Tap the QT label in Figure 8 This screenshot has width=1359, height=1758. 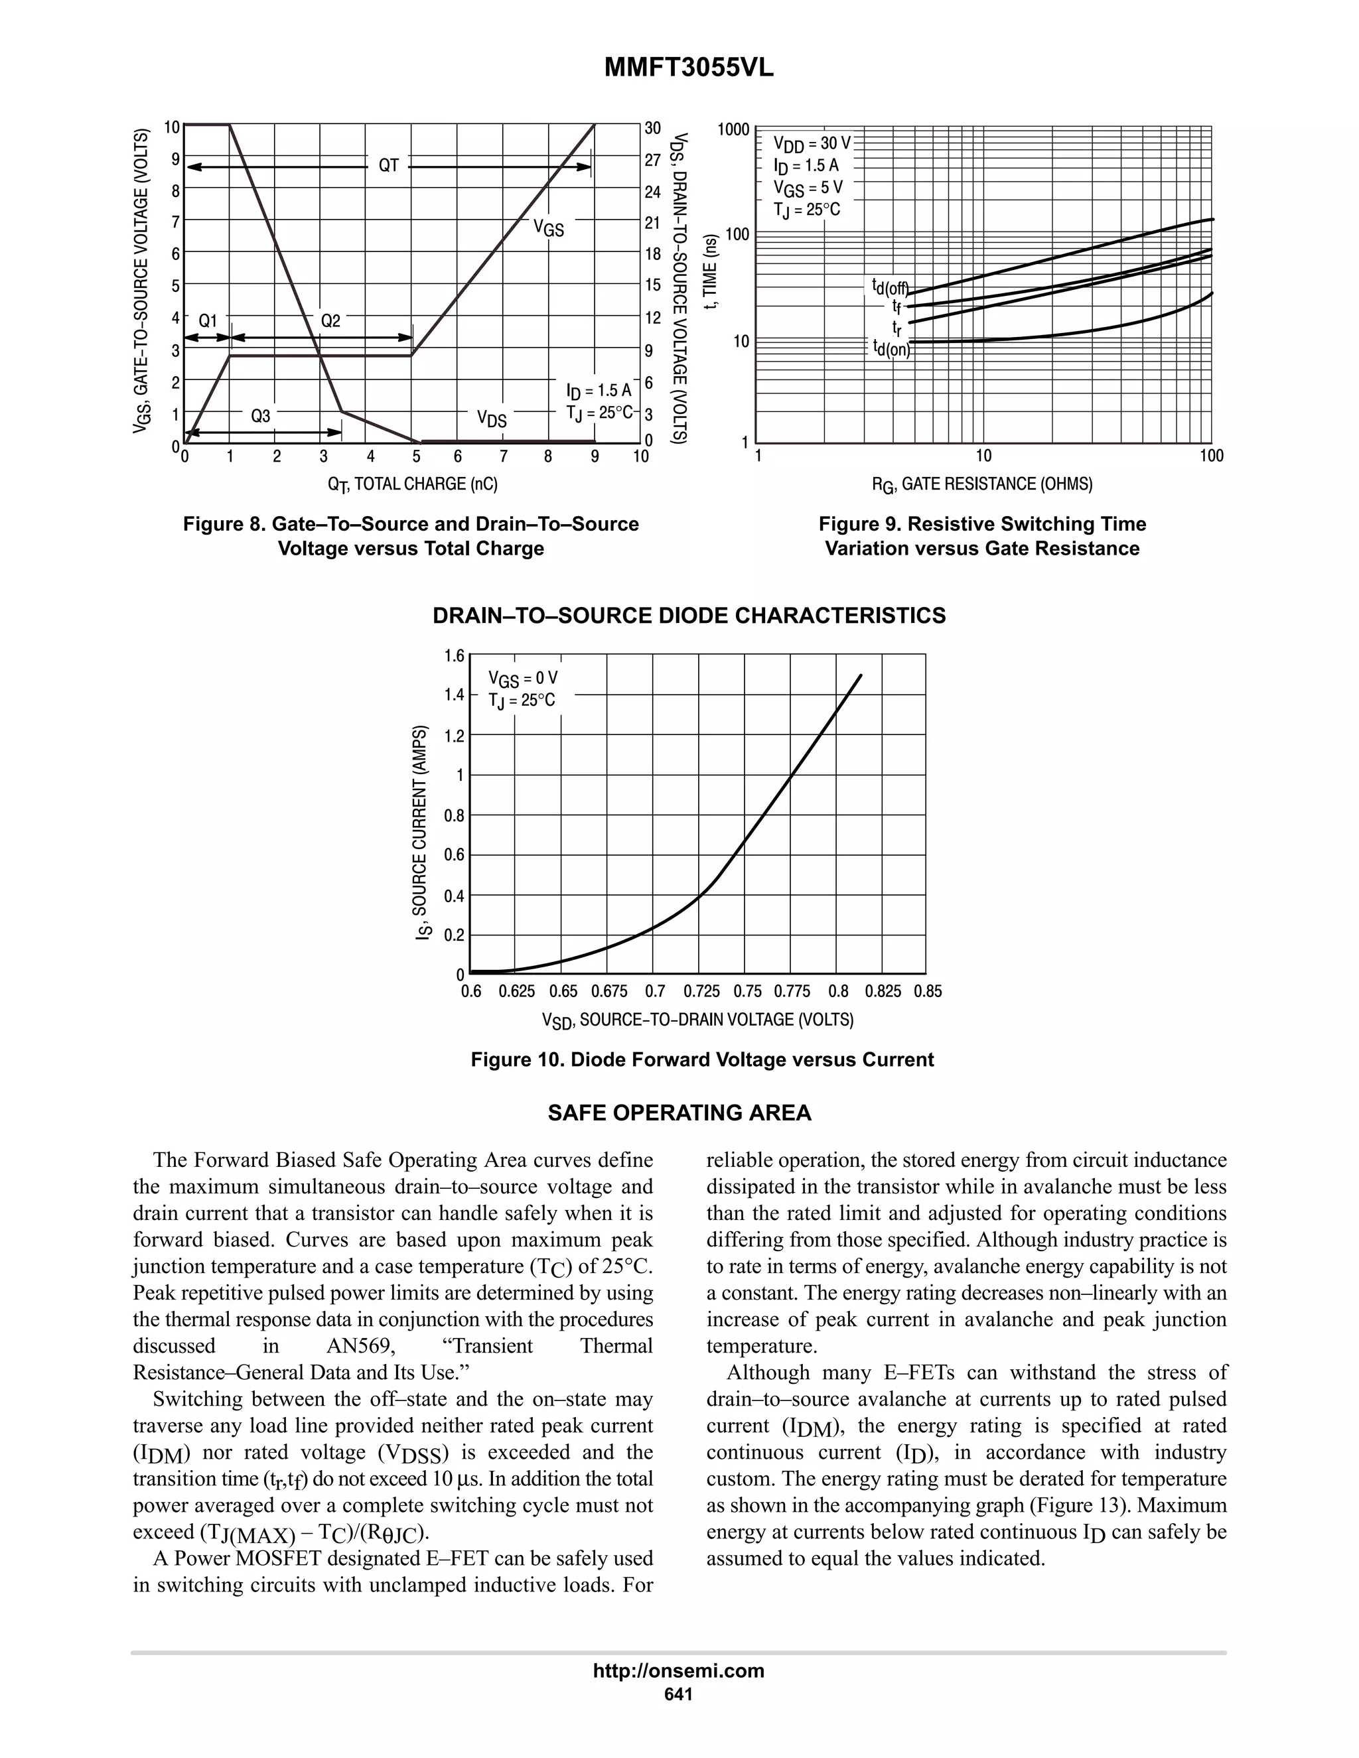[389, 166]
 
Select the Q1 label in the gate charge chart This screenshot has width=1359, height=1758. [208, 320]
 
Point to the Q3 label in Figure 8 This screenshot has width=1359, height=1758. [260, 416]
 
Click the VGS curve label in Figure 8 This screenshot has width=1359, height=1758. [548, 229]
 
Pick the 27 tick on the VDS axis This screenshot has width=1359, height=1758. [653, 160]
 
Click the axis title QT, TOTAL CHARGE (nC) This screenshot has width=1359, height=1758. [412, 484]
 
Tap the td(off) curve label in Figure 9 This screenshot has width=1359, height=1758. [890, 287]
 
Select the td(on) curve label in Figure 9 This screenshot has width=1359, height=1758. [891, 348]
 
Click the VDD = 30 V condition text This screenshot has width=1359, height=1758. [812, 144]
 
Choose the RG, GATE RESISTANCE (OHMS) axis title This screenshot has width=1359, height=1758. [982, 484]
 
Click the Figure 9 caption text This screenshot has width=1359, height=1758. [982, 536]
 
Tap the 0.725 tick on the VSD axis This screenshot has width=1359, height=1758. [701, 992]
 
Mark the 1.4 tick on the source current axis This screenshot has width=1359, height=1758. [454, 695]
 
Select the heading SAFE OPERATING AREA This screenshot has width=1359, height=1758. [679, 1113]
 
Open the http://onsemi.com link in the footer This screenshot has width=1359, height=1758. [679, 1670]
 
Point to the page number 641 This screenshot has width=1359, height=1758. [679, 1694]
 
